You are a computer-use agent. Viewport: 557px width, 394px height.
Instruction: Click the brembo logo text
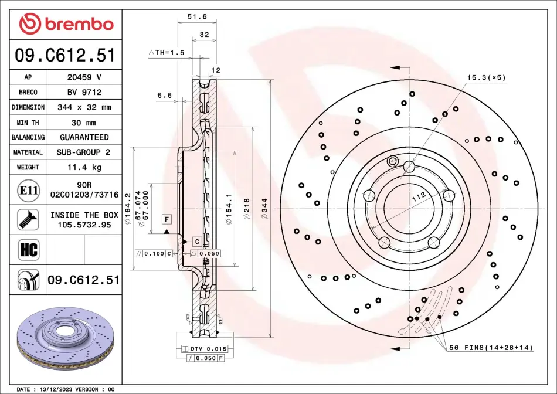pyautogui.click(x=79, y=24)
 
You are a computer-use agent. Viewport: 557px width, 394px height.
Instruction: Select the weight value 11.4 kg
pyautogui.click(x=84, y=167)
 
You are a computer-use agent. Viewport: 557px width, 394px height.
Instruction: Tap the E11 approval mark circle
pyautogui.click(x=28, y=191)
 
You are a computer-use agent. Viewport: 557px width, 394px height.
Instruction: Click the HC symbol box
pyautogui.click(x=28, y=250)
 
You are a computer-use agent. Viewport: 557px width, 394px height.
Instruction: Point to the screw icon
pyautogui.click(x=28, y=219)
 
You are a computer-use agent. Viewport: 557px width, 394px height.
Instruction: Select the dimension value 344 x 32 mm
pyautogui.click(x=84, y=107)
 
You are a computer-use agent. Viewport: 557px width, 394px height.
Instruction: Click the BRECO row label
pyautogui.click(x=28, y=93)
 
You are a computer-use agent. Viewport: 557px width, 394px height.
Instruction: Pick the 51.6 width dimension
pyautogui.click(x=197, y=16)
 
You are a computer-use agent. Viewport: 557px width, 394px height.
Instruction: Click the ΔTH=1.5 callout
pyautogui.click(x=167, y=53)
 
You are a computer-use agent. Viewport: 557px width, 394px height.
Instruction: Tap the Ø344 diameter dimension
pyautogui.click(x=264, y=209)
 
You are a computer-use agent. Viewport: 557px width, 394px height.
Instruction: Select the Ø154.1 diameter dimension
pyautogui.click(x=229, y=209)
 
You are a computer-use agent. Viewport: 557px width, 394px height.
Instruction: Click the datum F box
pyautogui.click(x=167, y=219)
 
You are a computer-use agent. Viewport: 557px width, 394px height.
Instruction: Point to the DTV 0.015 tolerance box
pyautogui.click(x=204, y=349)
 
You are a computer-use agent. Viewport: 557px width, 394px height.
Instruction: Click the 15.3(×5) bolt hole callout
pyautogui.click(x=486, y=77)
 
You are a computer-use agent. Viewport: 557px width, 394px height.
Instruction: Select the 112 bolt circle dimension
pyautogui.click(x=419, y=197)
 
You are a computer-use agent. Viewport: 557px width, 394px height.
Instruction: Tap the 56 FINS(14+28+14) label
pyautogui.click(x=491, y=348)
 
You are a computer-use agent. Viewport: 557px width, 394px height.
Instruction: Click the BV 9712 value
pyautogui.click(x=84, y=93)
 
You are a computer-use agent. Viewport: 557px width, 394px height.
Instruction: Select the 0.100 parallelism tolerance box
pyautogui.click(x=154, y=254)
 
